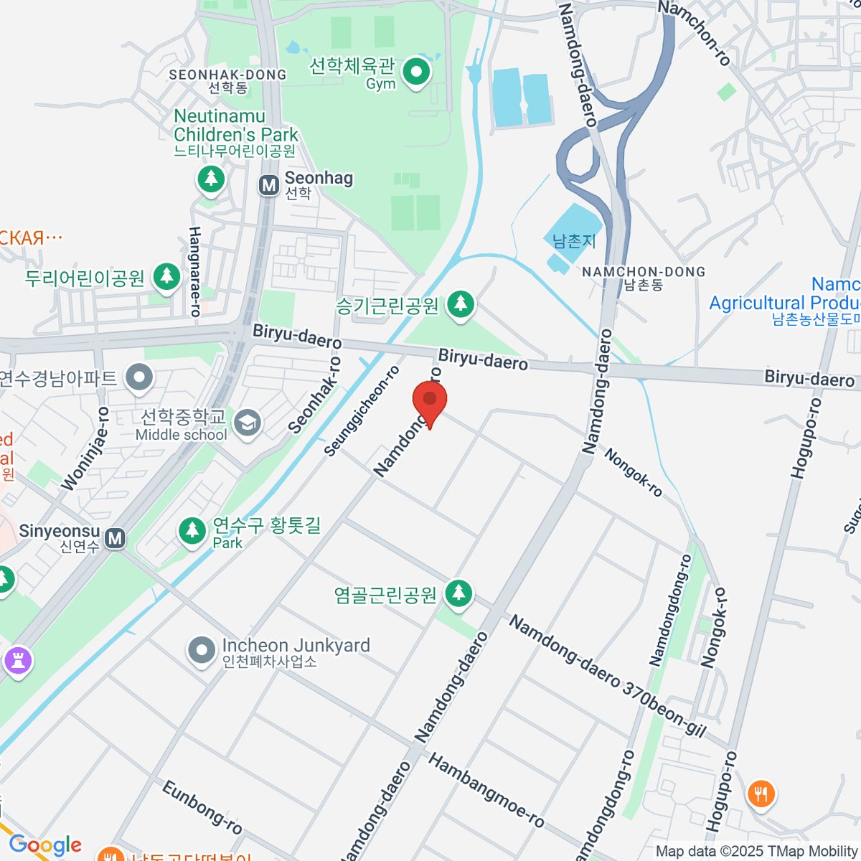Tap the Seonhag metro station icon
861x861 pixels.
269,185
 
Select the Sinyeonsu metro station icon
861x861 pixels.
115,537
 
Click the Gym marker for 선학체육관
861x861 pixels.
416,72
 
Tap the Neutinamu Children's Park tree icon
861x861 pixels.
211,177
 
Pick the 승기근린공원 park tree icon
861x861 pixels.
461,304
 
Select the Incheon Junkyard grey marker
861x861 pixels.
202,650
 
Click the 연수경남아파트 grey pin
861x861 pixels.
139,377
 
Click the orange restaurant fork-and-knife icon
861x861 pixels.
761,794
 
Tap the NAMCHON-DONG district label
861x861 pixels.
644,273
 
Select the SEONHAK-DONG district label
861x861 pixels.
227,75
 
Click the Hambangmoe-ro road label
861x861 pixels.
486,789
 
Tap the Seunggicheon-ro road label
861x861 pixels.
362,411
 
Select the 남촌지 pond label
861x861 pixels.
574,241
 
